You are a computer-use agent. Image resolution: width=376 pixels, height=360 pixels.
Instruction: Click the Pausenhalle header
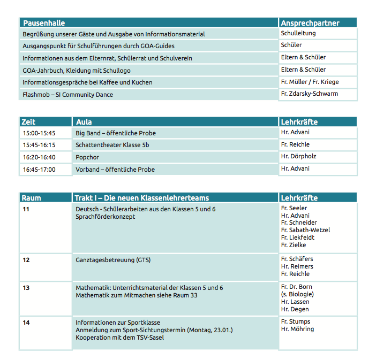click(44, 23)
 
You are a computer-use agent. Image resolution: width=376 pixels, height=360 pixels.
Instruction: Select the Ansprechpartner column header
click(310, 23)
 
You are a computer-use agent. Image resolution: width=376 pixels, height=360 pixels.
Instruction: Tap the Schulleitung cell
click(298, 33)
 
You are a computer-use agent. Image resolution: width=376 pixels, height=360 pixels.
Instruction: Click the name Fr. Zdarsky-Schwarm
click(309, 94)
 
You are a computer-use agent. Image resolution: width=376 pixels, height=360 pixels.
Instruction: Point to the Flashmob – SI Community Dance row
click(67, 95)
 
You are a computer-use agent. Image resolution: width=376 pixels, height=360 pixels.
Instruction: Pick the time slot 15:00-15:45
click(39, 133)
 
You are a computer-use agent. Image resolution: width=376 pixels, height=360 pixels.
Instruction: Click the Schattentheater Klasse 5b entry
click(112, 145)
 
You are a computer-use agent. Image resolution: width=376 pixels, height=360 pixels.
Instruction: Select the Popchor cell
click(87, 157)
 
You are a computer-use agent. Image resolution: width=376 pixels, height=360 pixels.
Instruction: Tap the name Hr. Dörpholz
click(299, 157)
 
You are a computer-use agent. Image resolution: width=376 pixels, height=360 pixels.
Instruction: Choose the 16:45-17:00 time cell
click(39, 170)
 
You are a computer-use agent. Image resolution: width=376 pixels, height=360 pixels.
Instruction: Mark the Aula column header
click(84, 122)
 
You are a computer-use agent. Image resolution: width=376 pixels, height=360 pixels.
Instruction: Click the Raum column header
click(31, 198)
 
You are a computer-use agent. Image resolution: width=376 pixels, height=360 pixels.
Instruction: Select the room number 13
click(26, 288)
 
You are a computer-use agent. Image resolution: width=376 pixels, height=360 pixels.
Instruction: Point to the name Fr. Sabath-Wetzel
click(305, 230)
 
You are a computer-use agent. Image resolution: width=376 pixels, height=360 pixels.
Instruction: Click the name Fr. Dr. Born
click(297, 287)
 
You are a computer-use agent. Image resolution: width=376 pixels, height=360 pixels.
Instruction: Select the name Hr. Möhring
click(297, 329)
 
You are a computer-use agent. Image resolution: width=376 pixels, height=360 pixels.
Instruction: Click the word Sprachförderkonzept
click(106, 217)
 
